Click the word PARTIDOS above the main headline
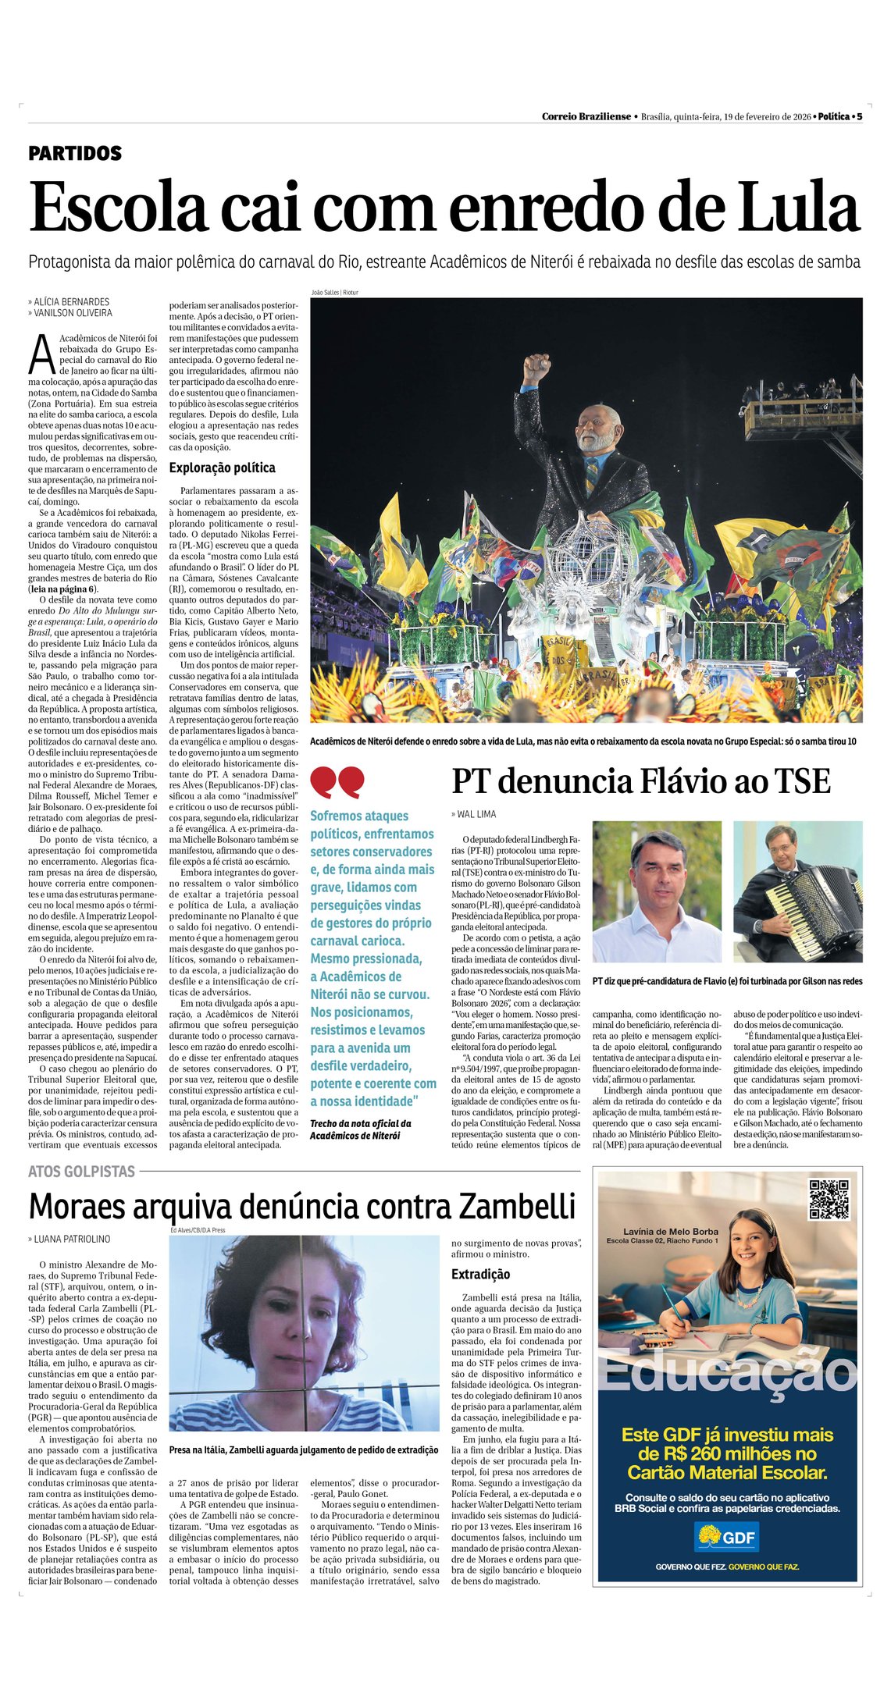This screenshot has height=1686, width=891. [75, 153]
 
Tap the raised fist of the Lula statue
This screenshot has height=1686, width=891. [536, 367]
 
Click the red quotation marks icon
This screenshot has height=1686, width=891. [337, 781]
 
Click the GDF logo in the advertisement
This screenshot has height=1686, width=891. [727, 1537]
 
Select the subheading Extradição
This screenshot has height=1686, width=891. [480, 1274]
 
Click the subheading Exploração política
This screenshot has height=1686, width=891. [222, 468]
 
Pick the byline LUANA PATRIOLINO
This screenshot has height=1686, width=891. [72, 1239]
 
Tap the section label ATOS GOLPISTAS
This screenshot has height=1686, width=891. [82, 1171]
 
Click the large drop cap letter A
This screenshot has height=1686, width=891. [41, 354]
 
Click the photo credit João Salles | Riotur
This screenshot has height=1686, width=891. [334, 293]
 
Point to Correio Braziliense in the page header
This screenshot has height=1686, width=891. [586, 116]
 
